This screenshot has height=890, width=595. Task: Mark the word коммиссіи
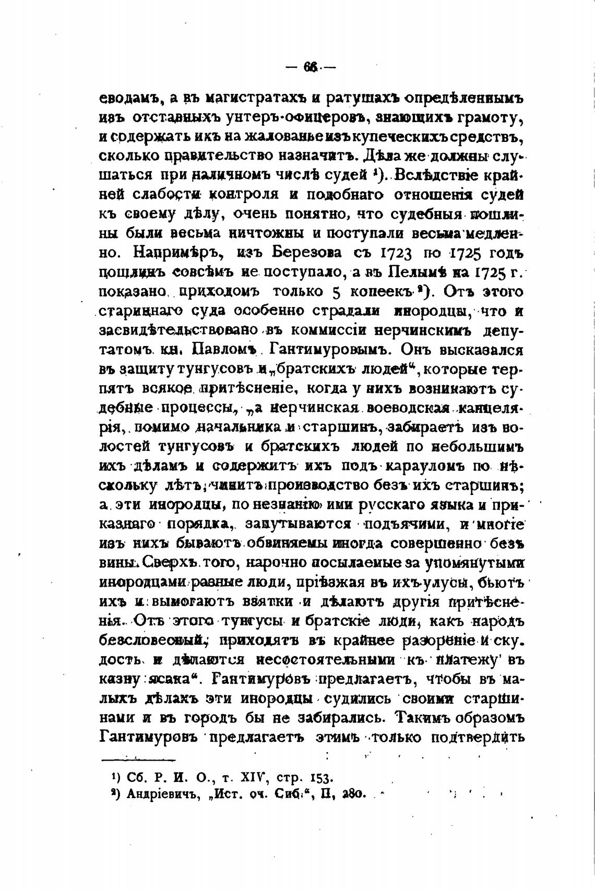(328, 330)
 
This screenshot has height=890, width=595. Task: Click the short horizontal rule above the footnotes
(138, 760)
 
